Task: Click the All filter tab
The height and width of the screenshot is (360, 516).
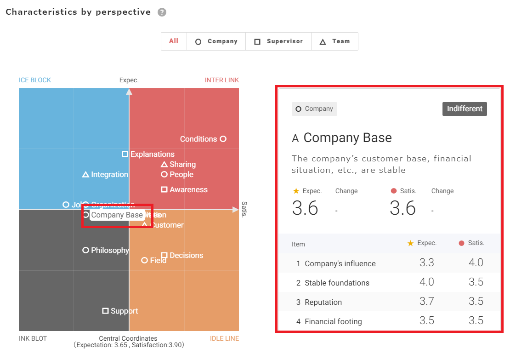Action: pyautogui.click(x=174, y=41)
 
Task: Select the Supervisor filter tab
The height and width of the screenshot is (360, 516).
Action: pyautogui.click(x=278, y=41)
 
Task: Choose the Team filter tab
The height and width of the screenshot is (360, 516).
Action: pyautogui.click(x=335, y=41)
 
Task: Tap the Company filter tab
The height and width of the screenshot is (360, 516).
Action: pyautogui.click(x=216, y=41)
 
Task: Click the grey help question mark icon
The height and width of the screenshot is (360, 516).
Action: pyautogui.click(x=162, y=12)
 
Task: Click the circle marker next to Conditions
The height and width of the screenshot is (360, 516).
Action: pyautogui.click(x=223, y=139)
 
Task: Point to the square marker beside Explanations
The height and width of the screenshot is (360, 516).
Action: pyautogui.click(x=125, y=154)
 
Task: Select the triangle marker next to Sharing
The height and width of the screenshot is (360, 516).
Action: pyautogui.click(x=164, y=165)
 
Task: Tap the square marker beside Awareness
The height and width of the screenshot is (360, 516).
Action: pyautogui.click(x=164, y=189)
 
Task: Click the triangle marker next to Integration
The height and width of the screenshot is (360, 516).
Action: pyautogui.click(x=85, y=175)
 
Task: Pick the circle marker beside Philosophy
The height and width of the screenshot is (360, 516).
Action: pyautogui.click(x=85, y=250)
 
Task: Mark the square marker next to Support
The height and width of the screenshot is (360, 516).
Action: pyautogui.click(x=105, y=311)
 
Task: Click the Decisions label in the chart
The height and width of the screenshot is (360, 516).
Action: pyautogui.click(x=186, y=256)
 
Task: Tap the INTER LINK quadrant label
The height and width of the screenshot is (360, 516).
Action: pyautogui.click(x=221, y=80)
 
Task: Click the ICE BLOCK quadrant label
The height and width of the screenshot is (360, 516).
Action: pyautogui.click(x=35, y=80)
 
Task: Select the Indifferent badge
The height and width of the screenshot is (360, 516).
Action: pyautogui.click(x=465, y=109)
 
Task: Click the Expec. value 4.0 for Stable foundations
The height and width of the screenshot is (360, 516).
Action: pyautogui.click(x=426, y=282)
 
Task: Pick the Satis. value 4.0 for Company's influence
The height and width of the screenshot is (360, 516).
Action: pyautogui.click(x=476, y=263)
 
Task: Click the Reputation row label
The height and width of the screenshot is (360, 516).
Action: pyautogui.click(x=323, y=302)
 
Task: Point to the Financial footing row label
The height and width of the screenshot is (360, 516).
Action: pyautogui.click(x=333, y=321)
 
